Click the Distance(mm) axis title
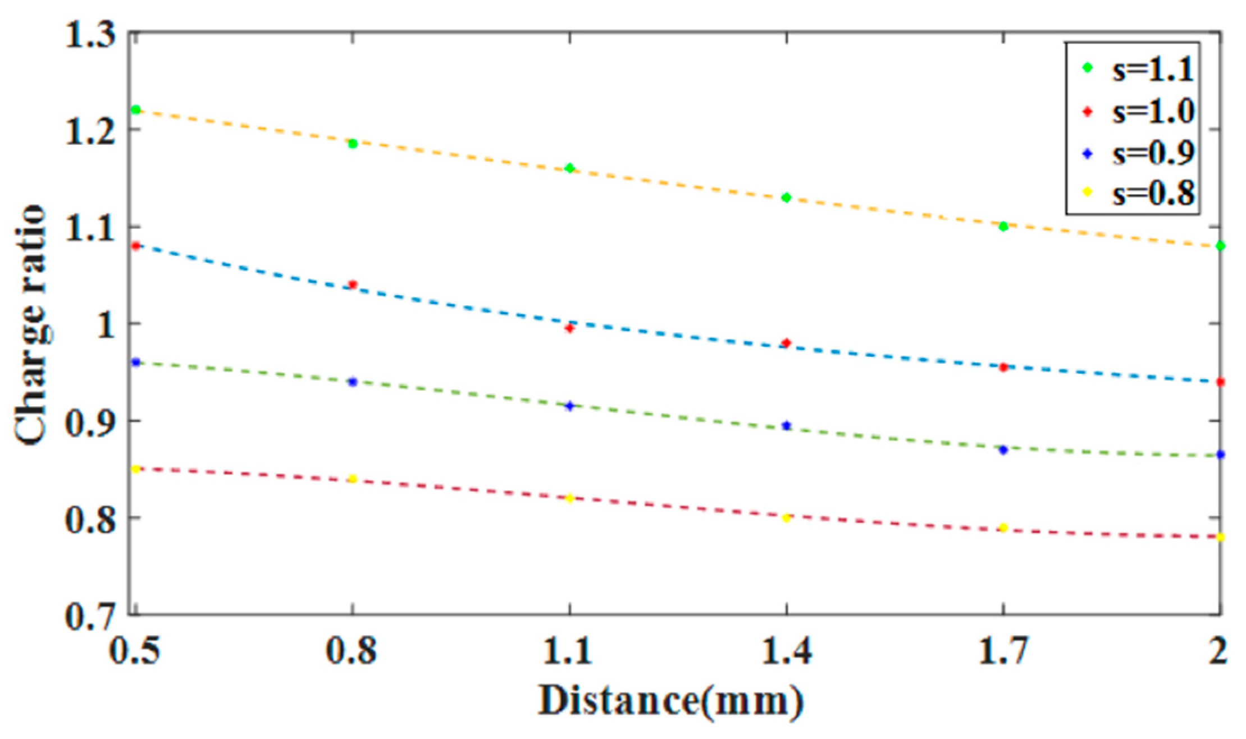pos(671,701)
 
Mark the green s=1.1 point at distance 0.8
pos(353,144)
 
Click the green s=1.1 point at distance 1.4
pos(786,198)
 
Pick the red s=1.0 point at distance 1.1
pos(569,328)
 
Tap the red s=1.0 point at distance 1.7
pos(1003,368)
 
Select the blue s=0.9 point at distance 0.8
pos(353,382)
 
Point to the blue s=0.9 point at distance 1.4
pos(786,426)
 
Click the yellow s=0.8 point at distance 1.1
pos(569,498)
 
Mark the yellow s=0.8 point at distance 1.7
pos(1003,527)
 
